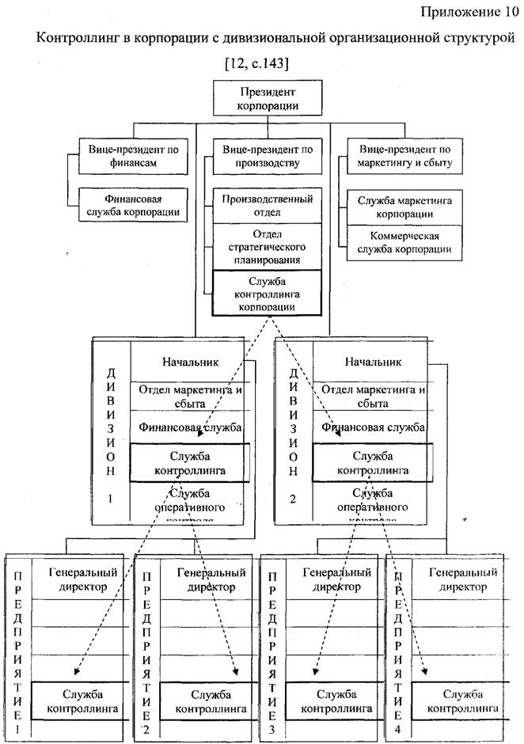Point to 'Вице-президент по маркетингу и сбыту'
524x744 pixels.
pyautogui.click(x=404, y=155)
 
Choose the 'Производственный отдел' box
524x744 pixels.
pyautogui.click(x=267, y=205)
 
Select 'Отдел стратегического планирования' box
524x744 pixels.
pyautogui.click(x=267, y=247)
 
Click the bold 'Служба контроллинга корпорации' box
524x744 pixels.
pyautogui.click(x=267, y=292)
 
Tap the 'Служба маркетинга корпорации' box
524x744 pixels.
pyautogui.click(x=404, y=207)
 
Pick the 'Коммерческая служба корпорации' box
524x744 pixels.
pyautogui.click(x=404, y=242)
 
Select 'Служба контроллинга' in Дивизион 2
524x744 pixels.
pyautogui.click(x=373, y=463)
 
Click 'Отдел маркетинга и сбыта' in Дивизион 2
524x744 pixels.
pyautogui.click(x=373, y=395)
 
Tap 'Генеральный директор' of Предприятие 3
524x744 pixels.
pyautogui.click(x=336, y=579)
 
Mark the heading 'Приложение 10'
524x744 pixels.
pyautogui.click(x=466, y=11)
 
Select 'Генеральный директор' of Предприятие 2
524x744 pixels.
pyautogui.click(x=205, y=579)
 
